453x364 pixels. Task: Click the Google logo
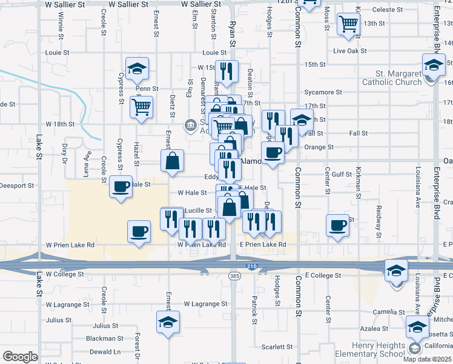pos(20,356)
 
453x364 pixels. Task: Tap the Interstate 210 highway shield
pos(251,266)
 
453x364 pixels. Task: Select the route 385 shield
pos(233,276)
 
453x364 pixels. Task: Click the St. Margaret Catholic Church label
pos(391,78)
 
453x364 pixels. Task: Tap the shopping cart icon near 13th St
pos(348,24)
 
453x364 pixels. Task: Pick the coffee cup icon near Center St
pos(337,225)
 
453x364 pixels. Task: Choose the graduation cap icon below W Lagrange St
pos(168,322)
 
